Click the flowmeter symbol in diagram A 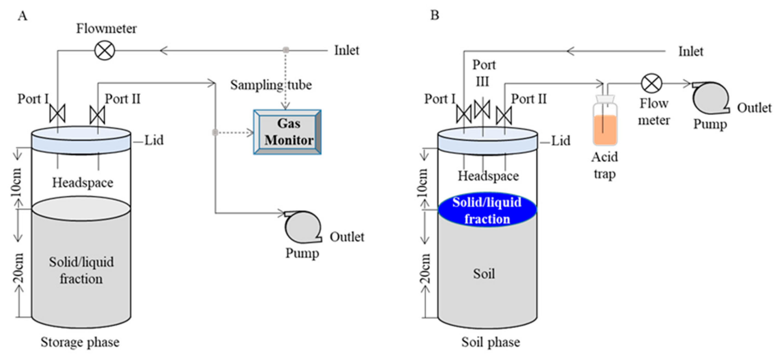click(105, 50)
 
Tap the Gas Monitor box click(287, 132)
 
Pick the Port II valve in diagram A click(98, 115)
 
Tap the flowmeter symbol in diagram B click(651, 83)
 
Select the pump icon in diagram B click(710, 98)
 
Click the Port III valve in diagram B click(482, 109)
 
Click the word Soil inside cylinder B click(484, 274)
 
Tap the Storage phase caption click(80, 342)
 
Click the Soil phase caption click(491, 342)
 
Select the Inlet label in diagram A click(346, 50)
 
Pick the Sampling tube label click(271, 85)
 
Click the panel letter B click(435, 15)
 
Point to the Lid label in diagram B click(560, 141)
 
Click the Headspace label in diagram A click(82, 183)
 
